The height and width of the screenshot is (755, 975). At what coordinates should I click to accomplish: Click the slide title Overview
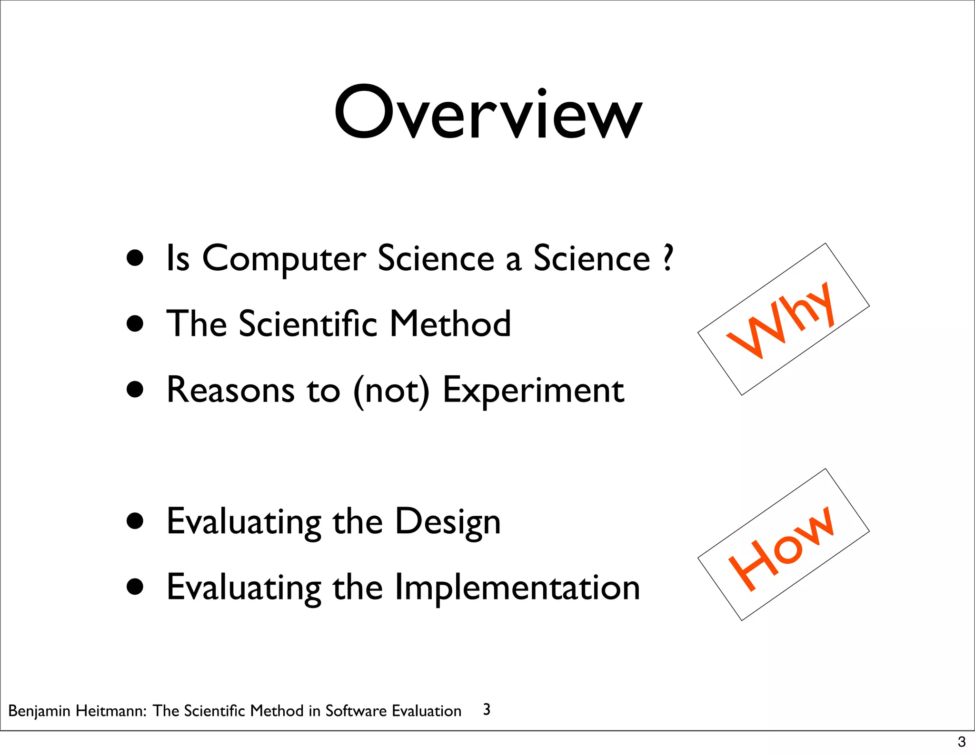[x=487, y=113]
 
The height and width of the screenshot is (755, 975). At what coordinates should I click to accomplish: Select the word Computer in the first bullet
[x=284, y=259]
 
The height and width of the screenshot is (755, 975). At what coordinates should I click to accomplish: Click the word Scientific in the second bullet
[x=308, y=324]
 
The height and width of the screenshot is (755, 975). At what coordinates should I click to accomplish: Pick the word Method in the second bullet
[x=450, y=324]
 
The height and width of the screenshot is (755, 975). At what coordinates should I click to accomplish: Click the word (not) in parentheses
[x=391, y=391]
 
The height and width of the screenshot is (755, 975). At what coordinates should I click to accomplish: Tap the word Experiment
[x=533, y=391]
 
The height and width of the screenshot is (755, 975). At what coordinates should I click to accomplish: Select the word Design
[x=448, y=522]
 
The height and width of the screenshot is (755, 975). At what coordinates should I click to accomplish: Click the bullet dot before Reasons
[x=135, y=390]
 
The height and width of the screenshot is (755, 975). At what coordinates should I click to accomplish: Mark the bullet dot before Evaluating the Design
[x=135, y=521]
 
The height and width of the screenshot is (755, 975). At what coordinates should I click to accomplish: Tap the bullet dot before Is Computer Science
[x=135, y=258]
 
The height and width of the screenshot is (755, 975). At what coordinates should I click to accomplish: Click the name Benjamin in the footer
[x=40, y=711]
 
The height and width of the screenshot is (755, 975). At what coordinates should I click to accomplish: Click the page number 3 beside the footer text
[x=487, y=709]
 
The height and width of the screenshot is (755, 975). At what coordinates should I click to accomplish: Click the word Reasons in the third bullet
[x=230, y=391]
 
